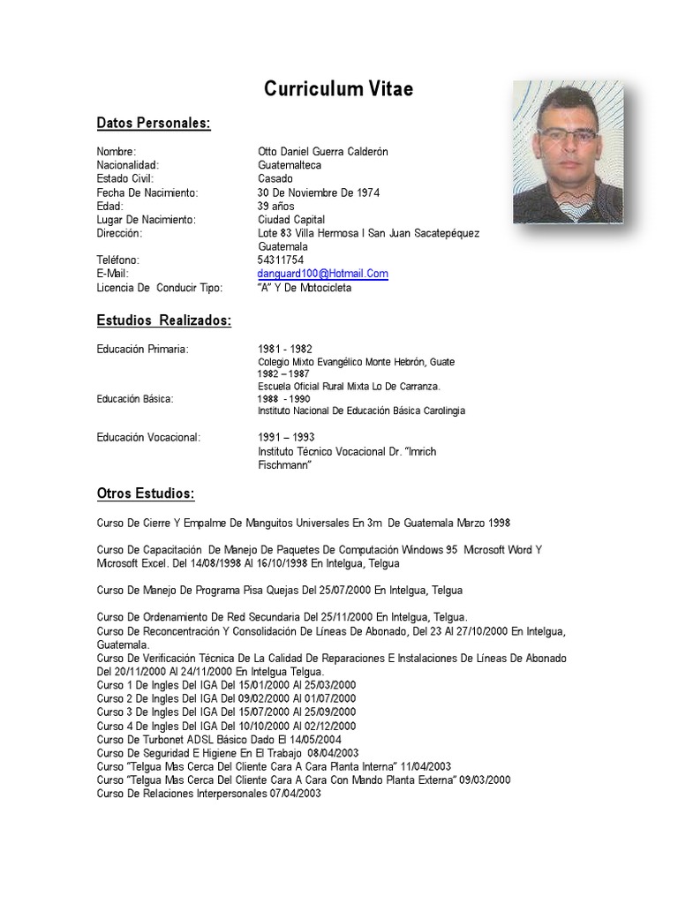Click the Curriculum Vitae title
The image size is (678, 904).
(338, 89)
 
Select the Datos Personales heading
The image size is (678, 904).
(154, 123)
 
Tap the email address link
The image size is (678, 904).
(322, 274)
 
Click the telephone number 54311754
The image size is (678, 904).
(281, 260)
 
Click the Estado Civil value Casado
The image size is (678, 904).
(275, 179)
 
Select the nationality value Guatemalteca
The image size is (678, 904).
(290, 165)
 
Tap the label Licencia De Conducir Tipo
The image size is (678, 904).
(160, 288)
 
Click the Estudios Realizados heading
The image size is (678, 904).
(163, 320)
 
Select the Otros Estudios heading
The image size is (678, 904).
(146, 492)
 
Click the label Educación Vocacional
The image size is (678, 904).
(148, 437)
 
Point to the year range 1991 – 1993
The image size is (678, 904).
(286, 437)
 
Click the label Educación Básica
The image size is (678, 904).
(135, 398)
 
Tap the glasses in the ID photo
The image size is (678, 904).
(567, 134)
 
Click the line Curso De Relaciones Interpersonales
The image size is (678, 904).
(208, 794)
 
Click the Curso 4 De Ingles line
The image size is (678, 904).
(226, 726)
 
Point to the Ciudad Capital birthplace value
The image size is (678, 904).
(291, 219)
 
